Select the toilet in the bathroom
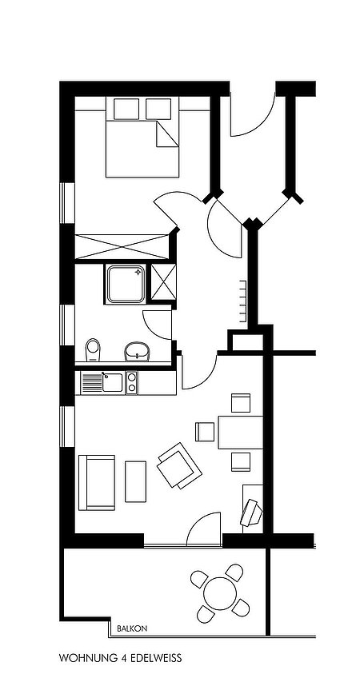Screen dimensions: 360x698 pyautogui.click(x=93, y=350)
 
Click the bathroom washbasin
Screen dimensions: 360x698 pyautogui.click(x=138, y=351)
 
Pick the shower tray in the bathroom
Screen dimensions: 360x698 pyautogui.click(x=126, y=284)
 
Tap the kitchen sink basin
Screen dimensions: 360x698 pyautogui.click(x=112, y=382)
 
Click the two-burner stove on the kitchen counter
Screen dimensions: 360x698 pyautogui.click(x=131, y=382)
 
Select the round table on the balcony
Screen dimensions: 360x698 pyautogui.click(x=220, y=593)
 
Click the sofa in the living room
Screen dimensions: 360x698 pyautogui.click(x=97, y=483)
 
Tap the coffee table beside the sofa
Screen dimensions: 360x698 pyautogui.click(x=135, y=481)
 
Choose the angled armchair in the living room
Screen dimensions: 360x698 pyautogui.click(x=179, y=465)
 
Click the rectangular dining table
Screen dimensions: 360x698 pyautogui.click(x=240, y=433)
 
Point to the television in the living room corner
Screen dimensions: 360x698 pyautogui.click(x=251, y=513)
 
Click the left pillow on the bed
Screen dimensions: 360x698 pyautogui.click(x=126, y=109)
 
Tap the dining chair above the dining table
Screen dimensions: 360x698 pyautogui.click(x=241, y=403)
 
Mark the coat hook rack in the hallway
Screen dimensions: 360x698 pyautogui.click(x=243, y=301)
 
